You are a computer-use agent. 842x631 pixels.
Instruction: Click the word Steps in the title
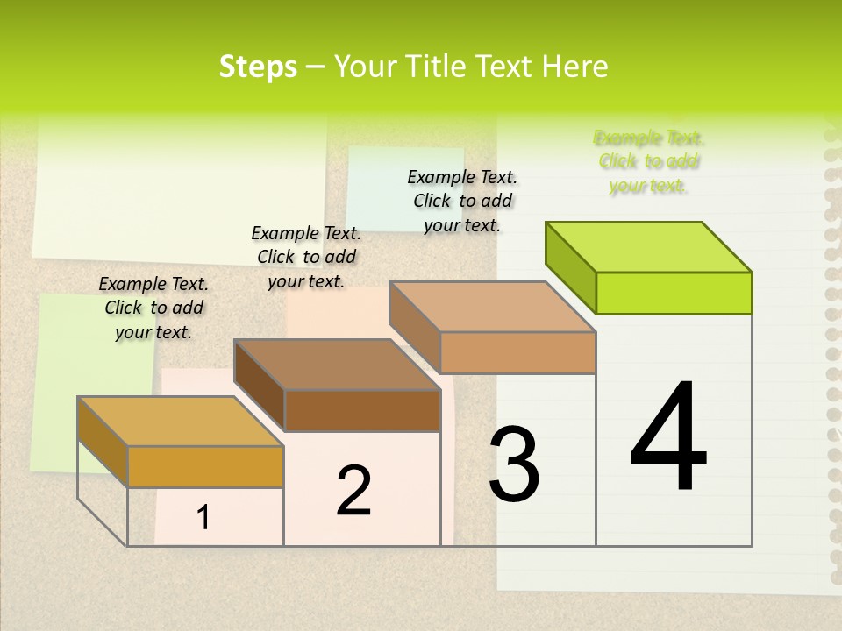pyautogui.click(x=257, y=67)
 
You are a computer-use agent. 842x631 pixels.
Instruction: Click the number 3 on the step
pyautogui.click(x=514, y=464)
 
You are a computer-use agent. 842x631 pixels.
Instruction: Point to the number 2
pyautogui.click(x=353, y=491)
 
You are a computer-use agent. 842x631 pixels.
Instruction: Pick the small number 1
pyautogui.click(x=203, y=518)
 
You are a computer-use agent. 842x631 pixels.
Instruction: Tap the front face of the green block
pyautogui.click(x=674, y=293)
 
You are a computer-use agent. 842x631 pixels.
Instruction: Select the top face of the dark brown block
pyautogui.click(x=338, y=365)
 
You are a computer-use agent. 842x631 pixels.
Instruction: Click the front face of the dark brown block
pyautogui.click(x=362, y=410)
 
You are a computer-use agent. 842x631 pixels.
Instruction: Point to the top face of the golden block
pyautogui.click(x=181, y=422)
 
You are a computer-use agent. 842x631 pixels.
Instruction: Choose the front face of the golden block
pyautogui.click(x=205, y=466)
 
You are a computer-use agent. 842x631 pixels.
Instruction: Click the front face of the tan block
pyautogui.click(x=517, y=352)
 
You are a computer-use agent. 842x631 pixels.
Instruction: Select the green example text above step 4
pyautogui.click(x=649, y=161)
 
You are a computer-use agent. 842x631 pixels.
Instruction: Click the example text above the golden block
pyautogui.click(x=153, y=308)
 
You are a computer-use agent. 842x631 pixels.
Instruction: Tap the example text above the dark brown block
pyautogui.click(x=306, y=257)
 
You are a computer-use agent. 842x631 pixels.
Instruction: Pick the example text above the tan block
pyautogui.click(x=462, y=201)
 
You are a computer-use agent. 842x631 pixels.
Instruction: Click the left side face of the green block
pyautogui.click(x=570, y=266)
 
